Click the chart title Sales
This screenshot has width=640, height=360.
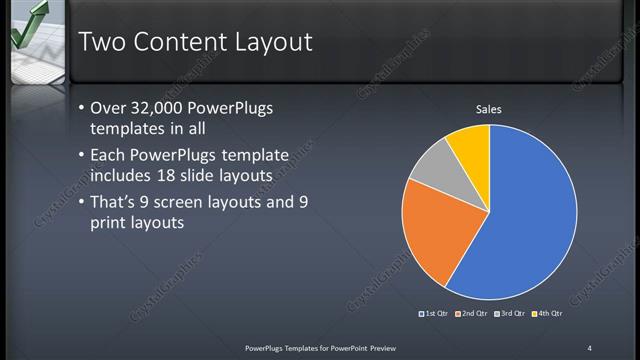pos(488,109)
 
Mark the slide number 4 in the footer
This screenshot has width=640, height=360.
pos(589,347)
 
